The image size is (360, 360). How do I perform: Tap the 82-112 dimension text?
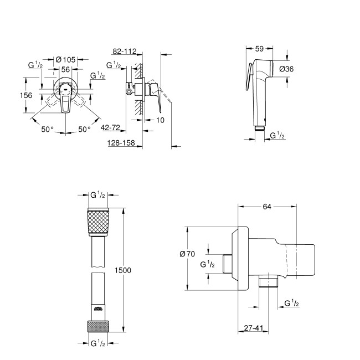click(122, 51)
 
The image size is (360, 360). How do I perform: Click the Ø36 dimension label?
click(300, 69)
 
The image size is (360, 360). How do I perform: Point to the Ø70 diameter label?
click(173, 254)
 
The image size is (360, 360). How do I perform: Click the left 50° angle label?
click(48, 129)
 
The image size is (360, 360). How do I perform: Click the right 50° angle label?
click(83, 129)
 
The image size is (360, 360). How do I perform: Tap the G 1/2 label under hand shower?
click(277, 135)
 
